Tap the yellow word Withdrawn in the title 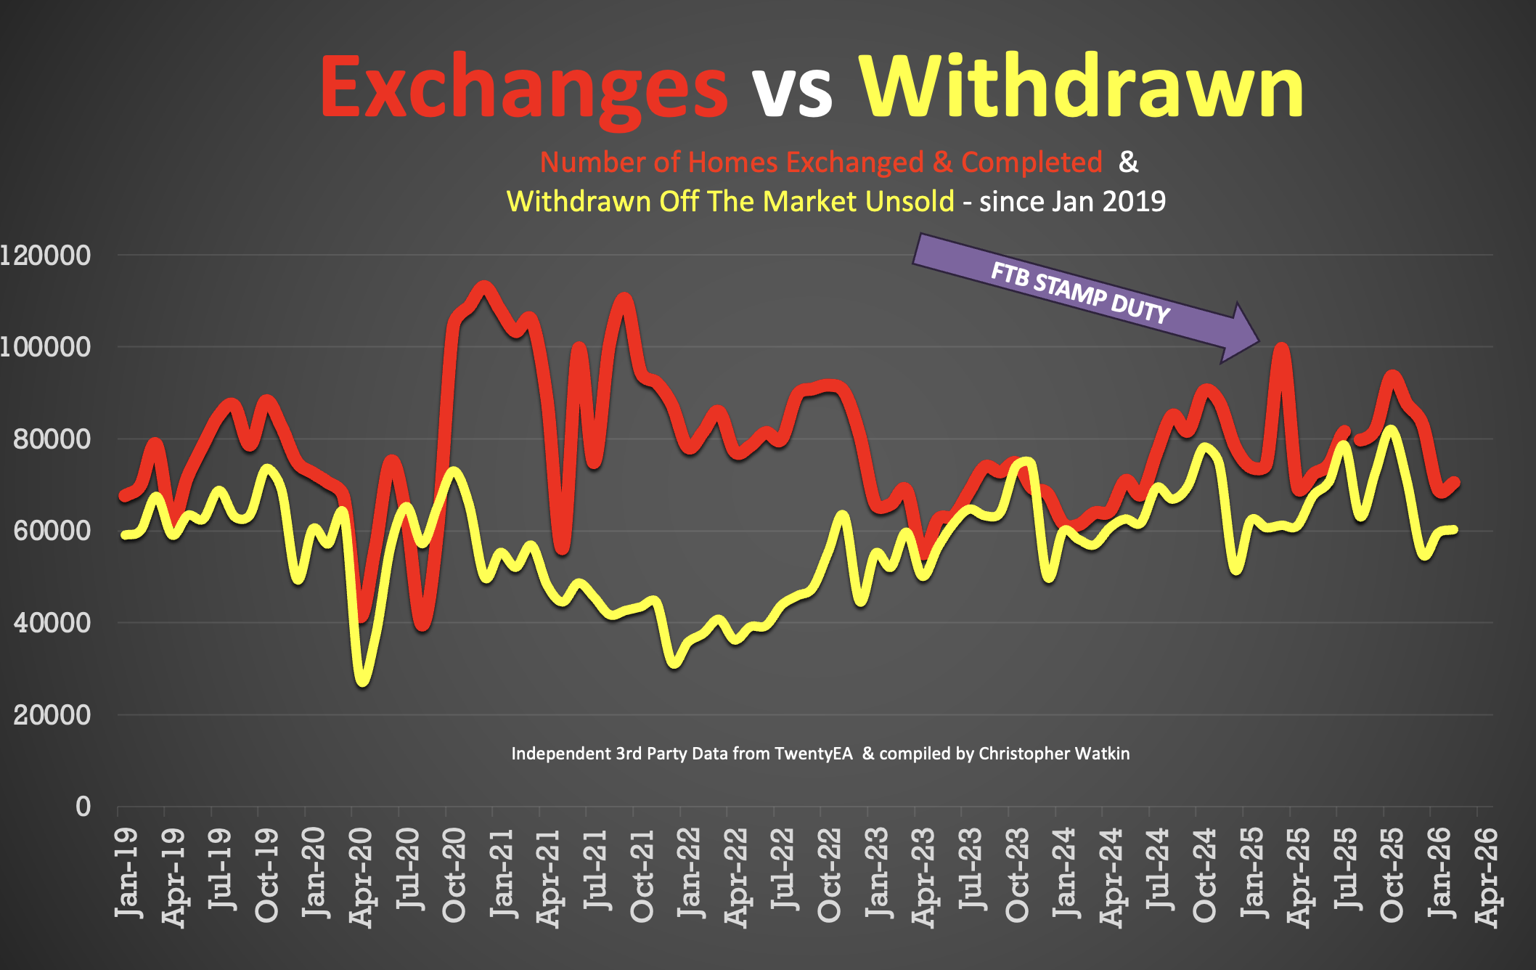1082,87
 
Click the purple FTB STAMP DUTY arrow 1082,294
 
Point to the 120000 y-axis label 45,256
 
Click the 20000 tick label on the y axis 52,715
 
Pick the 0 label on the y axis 83,807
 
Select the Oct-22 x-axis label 829,875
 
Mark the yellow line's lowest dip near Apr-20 362,680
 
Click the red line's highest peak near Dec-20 484,288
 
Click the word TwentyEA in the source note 813,754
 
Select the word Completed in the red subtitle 1032,163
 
